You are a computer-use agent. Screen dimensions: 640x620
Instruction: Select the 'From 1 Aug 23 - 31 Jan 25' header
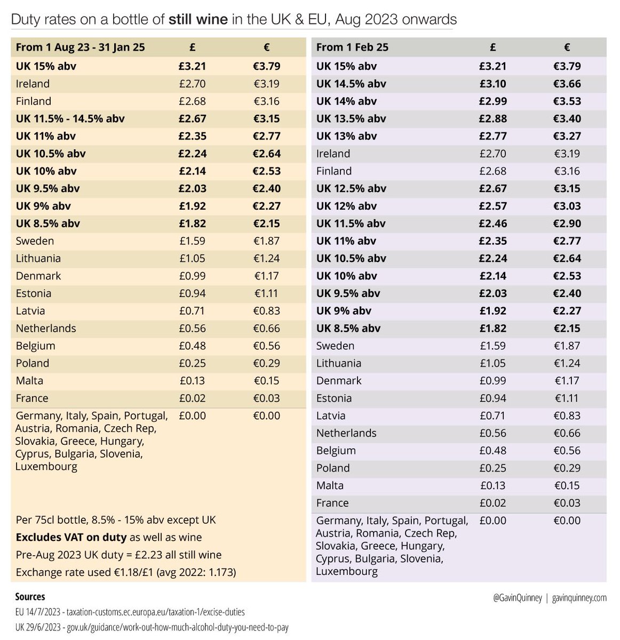coord(80,47)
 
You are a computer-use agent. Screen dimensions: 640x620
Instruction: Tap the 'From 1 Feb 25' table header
coord(352,47)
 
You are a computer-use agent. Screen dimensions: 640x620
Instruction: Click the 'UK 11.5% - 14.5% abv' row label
coord(70,118)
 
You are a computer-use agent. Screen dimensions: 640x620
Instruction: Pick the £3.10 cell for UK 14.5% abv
coord(492,84)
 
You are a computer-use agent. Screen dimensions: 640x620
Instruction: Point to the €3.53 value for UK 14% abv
coord(567,101)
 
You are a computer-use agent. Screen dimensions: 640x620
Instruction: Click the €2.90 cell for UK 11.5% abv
coord(567,223)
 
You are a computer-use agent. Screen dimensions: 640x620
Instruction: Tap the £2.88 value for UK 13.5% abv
coord(492,118)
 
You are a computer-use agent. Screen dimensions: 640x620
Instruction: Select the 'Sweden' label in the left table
coord(35,241)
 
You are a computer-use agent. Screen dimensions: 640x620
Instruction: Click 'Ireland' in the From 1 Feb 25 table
coord(333,154)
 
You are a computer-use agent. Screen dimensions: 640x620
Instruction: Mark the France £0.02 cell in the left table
coord(192,398)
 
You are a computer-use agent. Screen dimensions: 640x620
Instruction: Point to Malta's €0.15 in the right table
coord(567,486)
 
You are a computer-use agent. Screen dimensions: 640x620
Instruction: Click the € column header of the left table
coord(267,47)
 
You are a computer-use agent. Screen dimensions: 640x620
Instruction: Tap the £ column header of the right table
coord(492,47)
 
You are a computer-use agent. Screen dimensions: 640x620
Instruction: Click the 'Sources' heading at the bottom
coord(30,596)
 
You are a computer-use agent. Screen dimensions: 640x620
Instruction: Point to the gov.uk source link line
coord(152,627)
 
